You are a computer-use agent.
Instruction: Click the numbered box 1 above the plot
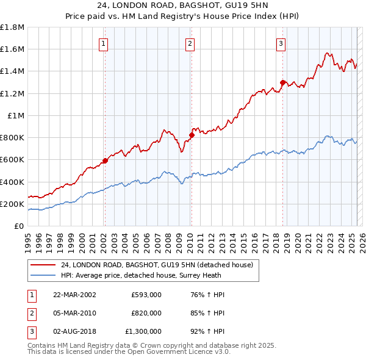click(104, 43)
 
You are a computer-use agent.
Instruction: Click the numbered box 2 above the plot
click(190, 43)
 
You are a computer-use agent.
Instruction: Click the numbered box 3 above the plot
click(281, 43)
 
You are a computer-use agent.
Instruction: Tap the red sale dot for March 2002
click(105, 160)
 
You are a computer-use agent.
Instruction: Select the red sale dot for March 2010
click(191, 135)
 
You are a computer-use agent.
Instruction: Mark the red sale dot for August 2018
click(282, 82)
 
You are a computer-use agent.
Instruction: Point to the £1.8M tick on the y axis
click(12, 27)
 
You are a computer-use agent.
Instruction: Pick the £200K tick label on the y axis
click(12, 204)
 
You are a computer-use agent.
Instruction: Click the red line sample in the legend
click(43, 264)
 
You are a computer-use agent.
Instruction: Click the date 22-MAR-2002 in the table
click(74, 295)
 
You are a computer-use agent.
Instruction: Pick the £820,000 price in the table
click(146, 313)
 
